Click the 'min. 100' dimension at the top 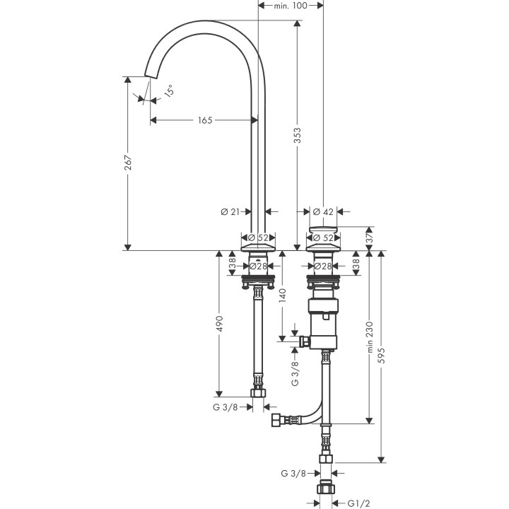point(290,6)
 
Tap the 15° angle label point(169,90)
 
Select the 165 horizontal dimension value point(204,120)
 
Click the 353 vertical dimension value point(298,136)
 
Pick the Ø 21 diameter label point(230,211)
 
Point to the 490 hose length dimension point(220,324)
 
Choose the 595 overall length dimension point(382,357)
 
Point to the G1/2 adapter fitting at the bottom point(326,488)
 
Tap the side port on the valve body point(305,342)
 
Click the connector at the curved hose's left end point(276,422)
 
